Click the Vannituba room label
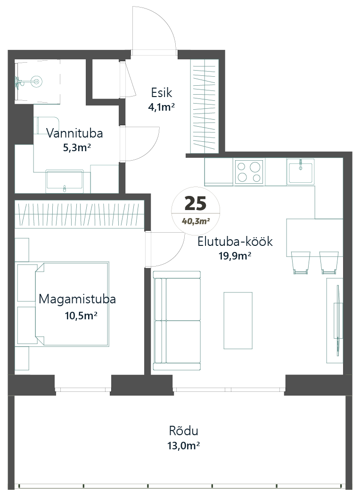[75, 133]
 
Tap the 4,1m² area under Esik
[161, 107]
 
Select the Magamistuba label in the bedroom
[77, 299]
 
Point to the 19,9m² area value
[235, 256]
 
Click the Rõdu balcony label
[183, 430]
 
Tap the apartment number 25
[196, 203]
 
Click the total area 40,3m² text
[196, 221]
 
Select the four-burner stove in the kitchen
[249, 172]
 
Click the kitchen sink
[301, 171]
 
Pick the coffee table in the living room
[238, 320]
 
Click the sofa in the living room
[177, 320]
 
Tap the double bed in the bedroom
[72, 304]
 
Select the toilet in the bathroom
[47, 126]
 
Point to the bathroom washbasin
[65, 181]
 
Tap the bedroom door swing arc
[165, 250]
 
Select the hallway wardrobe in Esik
[205, 105]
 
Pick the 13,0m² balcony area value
[183, 446]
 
